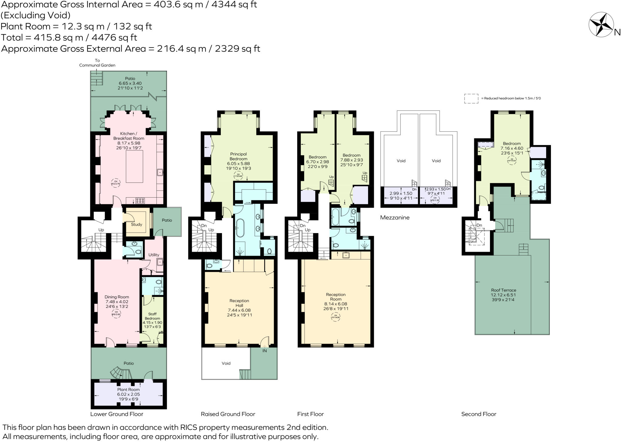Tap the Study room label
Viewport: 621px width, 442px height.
click(x=136, y=224)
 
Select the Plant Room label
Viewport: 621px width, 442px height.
click(x=128, y=389)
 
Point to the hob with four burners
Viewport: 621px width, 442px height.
click(x=140, y=200)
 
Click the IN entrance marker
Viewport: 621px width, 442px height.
click(x=264, y=351)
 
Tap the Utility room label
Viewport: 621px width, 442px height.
click(x=154, y=255)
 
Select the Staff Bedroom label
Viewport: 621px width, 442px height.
click(x=152, y=316)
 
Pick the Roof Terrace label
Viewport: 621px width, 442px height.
click(x=503, y=290)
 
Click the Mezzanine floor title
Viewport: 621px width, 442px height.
click(x=395, y=217)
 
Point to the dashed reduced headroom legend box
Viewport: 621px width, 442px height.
click(x=471, y=98)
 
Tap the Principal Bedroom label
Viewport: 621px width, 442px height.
click(x=238, y=156)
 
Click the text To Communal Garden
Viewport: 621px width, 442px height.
click(x=97, y=63)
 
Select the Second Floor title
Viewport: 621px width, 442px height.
click(x=478, y=414)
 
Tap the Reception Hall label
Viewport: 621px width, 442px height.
click(x=239, y=303)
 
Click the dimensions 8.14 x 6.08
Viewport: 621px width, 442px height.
click(x=336, y=304)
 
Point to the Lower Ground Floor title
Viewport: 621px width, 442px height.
click(x=116, y=414)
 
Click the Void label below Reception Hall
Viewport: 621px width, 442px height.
click(x=226, y=363)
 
